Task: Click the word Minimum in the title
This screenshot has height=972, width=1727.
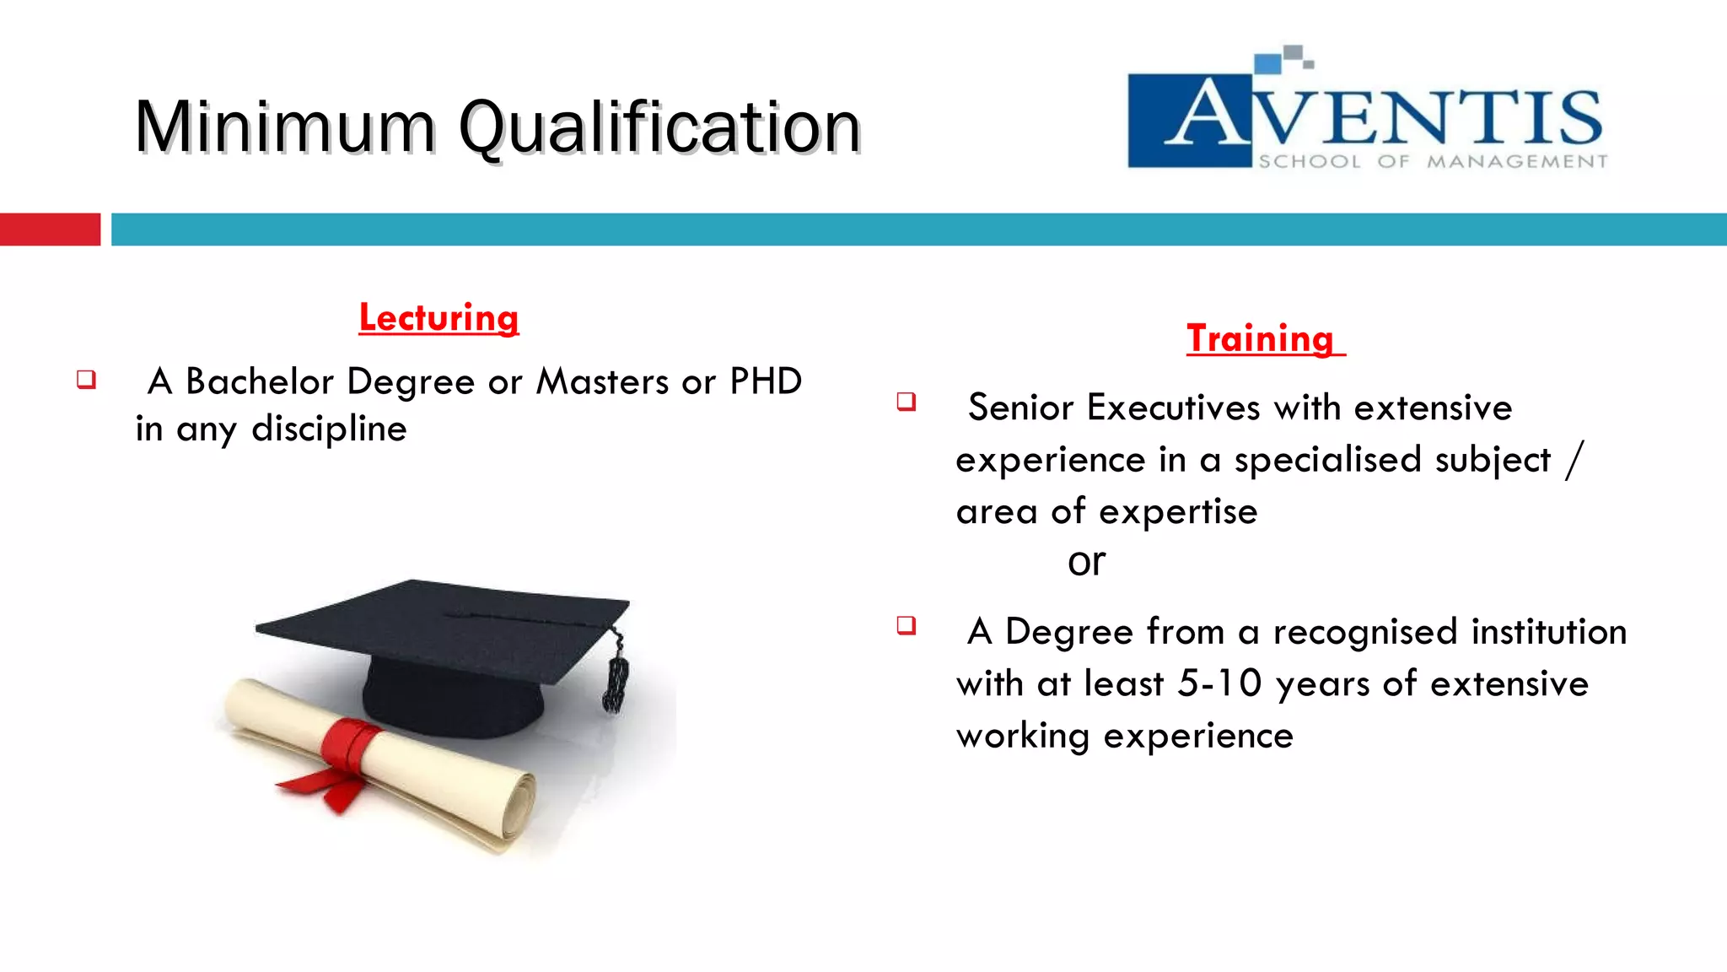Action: (285, 127)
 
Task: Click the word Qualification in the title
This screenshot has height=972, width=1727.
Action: (659, 127)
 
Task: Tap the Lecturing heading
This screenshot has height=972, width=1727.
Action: (438, 318)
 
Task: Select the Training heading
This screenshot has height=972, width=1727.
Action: (1261, 338)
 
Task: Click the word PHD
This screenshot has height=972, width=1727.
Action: (766, 381)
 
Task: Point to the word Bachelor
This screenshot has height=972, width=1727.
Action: (260, 381)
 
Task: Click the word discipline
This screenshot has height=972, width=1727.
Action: (329, 429)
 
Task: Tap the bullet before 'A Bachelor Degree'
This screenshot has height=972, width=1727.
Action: (86, 379)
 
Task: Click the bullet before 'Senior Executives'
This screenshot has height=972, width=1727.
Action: (907, 401)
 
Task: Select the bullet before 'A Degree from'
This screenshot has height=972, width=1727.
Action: (907, 625)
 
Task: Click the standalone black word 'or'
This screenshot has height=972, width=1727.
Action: (1086, 562)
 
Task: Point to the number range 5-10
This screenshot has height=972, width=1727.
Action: (1219, 683)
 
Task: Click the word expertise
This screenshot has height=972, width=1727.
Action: (1178, 511)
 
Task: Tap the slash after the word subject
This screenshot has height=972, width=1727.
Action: (1574, 461)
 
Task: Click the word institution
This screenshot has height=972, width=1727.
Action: (1548, 632)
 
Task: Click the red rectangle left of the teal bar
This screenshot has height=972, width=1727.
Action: (50, 229)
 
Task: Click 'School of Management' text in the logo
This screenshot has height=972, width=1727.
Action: (1432, 161)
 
